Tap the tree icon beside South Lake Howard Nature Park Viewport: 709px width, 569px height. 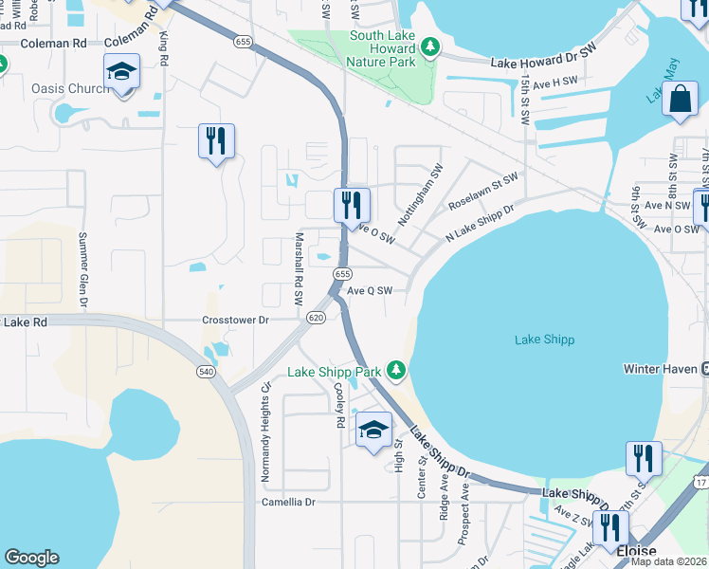(429, 46)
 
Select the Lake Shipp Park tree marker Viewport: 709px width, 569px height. (400, 371)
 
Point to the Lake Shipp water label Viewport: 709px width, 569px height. (544, 340)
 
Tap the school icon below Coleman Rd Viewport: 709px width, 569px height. (122, 73)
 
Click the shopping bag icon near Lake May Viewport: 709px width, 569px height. (682, 100)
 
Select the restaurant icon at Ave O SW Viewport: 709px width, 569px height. (352, 204)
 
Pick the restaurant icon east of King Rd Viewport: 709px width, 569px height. (216, 141)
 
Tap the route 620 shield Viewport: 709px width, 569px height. (317, 319)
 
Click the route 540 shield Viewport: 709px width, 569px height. (207, 371)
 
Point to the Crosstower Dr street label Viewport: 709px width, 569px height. (236, 321)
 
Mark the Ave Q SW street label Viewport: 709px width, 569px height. (370, 291)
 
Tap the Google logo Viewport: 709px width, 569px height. (31, 558)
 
